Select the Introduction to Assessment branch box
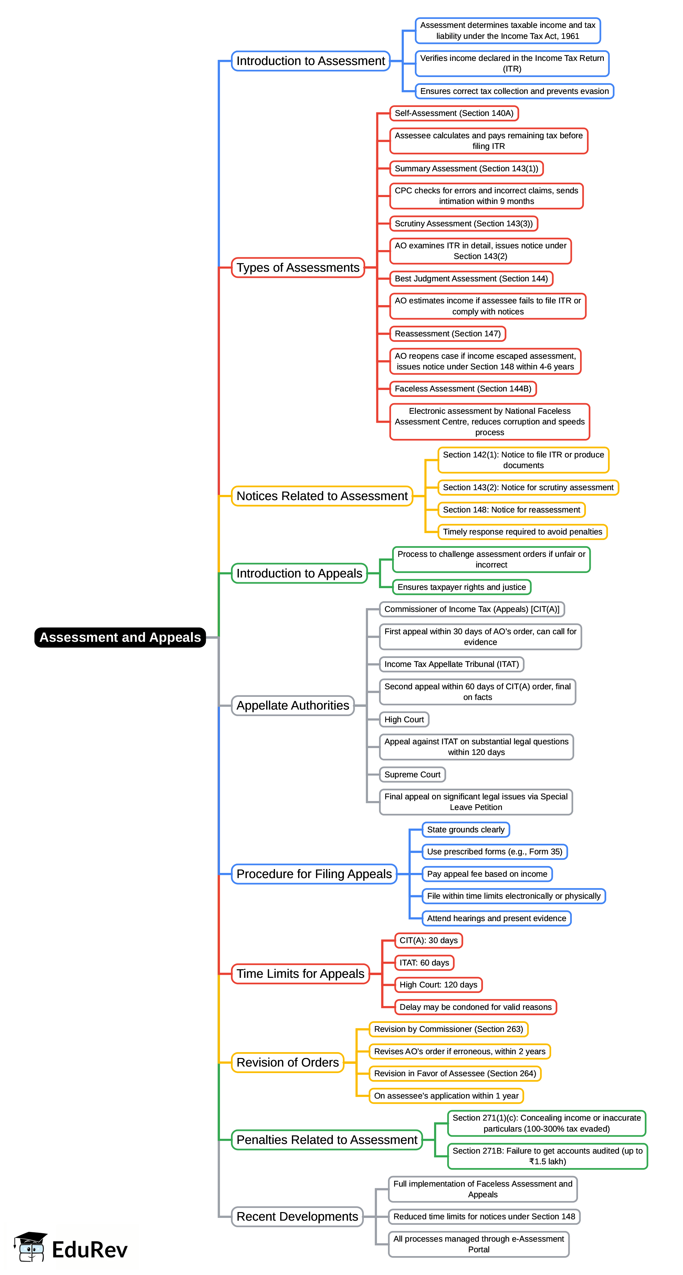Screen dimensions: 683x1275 tap(311, 61)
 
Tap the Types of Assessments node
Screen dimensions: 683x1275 tap(298, 268)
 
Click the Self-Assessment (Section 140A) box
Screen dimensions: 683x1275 tap(454, 114)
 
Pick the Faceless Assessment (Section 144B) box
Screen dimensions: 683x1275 tap(463, 389)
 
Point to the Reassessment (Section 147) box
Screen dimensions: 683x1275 tap(447, 334)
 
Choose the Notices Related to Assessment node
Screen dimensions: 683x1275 tap(322, 496)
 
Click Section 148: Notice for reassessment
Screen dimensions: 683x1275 tap(511, 510)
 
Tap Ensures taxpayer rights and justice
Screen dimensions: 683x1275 tap(461, 587)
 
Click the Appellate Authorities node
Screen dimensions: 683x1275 tap(293, 705)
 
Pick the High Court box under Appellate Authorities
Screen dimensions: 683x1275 tap(404, 719)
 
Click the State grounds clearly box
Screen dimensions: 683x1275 tap(465, 830)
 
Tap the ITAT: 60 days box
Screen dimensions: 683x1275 tap(424, 963)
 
